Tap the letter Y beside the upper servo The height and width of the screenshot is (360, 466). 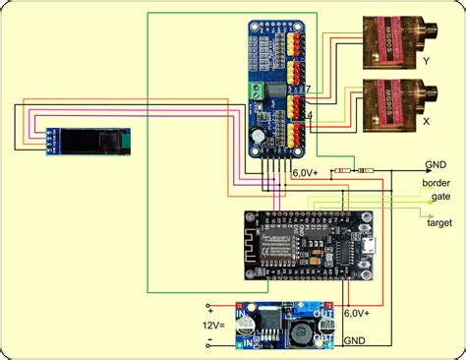[425, 61]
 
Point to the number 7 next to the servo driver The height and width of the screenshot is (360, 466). [308, 90]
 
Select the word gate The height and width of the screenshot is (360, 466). [440, 197]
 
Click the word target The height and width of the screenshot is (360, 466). [438, 222]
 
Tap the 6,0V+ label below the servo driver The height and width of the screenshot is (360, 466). [306, 173]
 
